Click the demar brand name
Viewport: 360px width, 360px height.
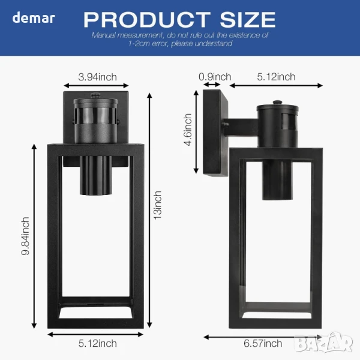point(34,18)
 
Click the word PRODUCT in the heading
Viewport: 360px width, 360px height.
point(147,20)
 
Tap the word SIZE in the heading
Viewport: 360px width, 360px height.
point(248,20)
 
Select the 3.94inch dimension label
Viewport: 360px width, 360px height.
point(97,77)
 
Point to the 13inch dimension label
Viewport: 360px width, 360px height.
point(158,205)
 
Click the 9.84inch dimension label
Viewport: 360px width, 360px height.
point(25,236)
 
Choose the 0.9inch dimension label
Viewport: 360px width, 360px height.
point(215,77)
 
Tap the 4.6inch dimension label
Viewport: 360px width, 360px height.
point(188,130)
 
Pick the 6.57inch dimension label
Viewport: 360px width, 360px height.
point(263,343)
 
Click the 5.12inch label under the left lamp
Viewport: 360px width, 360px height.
point(98,343)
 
